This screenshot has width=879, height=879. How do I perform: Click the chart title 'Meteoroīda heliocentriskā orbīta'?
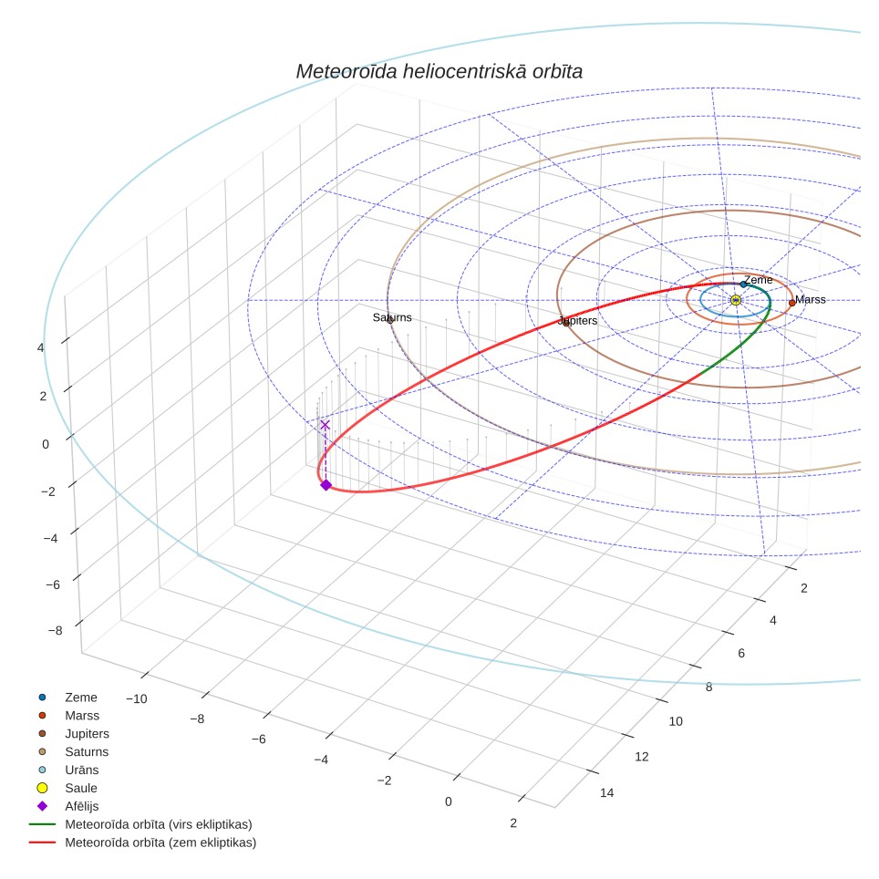[x=439, y=72]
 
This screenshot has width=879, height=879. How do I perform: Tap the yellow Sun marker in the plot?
[x=736, y=301]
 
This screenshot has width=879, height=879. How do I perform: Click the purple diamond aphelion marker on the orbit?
[x=326, y=485]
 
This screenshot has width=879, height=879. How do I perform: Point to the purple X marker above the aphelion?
[x=325, y=425]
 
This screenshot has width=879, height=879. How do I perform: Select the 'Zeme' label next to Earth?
[x=759, y=280]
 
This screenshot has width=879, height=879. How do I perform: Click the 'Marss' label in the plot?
[x=810, y=299]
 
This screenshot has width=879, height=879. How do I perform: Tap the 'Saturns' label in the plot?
[x=392, y=317]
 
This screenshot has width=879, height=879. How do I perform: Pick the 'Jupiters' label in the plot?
[x=578, y=321]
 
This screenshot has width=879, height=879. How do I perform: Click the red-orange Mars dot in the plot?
[x=791, y=303]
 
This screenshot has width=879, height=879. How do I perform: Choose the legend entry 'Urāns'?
[x=82, y=770]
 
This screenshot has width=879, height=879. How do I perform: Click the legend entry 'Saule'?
[x=81, y=788]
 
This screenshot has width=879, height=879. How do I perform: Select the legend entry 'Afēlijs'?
[x=82, y=806]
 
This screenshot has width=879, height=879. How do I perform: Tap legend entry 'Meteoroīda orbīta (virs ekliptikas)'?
[x=159, y=824]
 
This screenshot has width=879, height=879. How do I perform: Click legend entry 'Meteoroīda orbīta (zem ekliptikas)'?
[x=160, y=843]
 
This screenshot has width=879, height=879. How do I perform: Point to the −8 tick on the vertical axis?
[x=56, y=631]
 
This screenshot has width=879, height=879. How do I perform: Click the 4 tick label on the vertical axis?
[x=40, y=347]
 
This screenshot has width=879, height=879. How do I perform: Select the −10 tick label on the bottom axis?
[x=136, y=699]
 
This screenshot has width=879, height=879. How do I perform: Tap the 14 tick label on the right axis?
[x=606, y=792]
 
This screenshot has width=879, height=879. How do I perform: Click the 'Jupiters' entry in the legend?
[x=87, y=734]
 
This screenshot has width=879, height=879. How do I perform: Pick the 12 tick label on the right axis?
[x=641, y=757]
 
